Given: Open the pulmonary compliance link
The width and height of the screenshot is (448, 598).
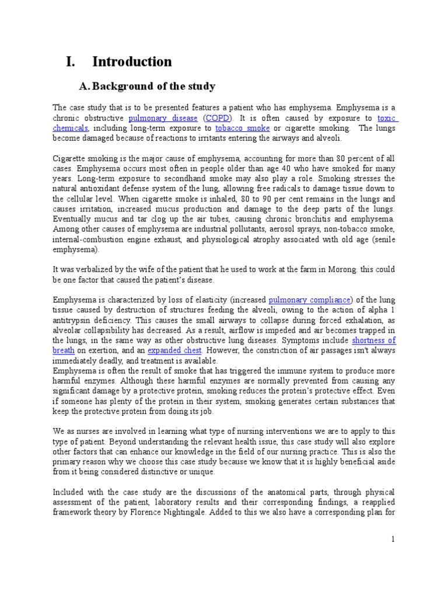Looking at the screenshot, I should coord(310,300).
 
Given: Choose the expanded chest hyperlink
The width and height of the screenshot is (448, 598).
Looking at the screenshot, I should coord(174,350).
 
